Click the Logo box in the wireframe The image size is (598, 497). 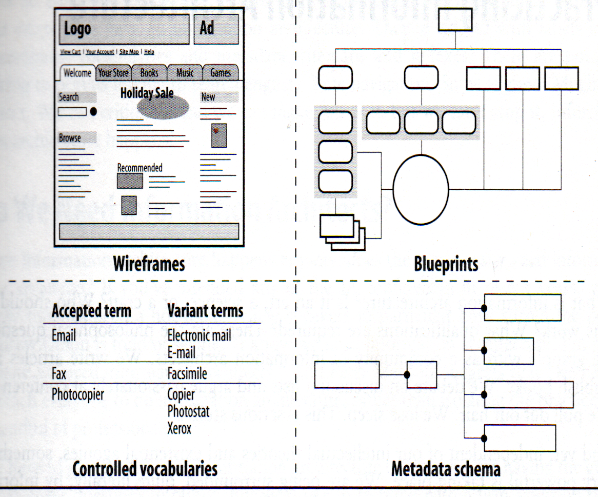click(x=125, y=29)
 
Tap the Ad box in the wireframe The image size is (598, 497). click(x=216, y=29)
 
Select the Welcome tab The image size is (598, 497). click(x=77, y=73)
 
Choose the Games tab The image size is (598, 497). click(x=221, y=73)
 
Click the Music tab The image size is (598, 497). click(x=185, y=73)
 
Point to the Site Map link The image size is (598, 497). click(x=129, y=52)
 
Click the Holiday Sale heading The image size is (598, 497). click(x=147, y=93)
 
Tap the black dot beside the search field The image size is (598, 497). click(x=93, y=111)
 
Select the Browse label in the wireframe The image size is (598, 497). click(x=70, y=138)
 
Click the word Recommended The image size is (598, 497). click(x=139, y=168)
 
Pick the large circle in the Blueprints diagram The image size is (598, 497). click(x=421, y=189)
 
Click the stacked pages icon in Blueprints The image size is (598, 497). click(x=342, y=232)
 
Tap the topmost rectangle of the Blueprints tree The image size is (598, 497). click(x=455, y=19)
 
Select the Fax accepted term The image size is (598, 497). click(x=59, y=373)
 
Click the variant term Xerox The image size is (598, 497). click(x=180, y=428)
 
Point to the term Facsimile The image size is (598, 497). click(x=187, y=373)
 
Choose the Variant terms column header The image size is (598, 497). click(x=205, y=311)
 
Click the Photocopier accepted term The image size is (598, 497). click(x=78, y=395)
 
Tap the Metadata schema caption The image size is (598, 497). click(x=446, y=469)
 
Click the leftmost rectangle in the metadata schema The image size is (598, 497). click(x=347, y=375)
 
